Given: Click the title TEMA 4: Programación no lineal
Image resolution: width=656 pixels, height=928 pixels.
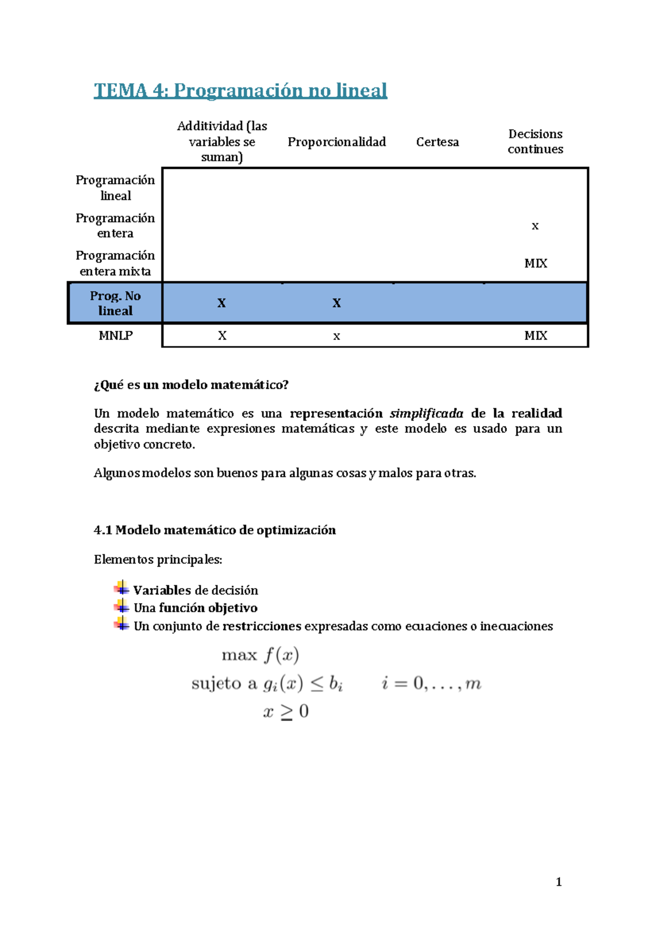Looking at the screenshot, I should [x=241, y=90].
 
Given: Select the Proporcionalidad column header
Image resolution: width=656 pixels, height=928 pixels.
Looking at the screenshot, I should [x=337, y=142].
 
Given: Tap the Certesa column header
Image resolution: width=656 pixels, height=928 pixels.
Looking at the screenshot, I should [x=437, y=142].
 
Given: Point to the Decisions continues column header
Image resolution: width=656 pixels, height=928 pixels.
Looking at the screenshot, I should [x=535, y=142].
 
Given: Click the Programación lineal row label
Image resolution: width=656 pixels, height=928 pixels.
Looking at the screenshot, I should [x=115, y=188].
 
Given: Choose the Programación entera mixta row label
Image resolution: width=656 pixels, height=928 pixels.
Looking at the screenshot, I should [x=115, y=263].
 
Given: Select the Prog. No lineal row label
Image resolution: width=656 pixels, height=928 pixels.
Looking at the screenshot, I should [x=115, y=303].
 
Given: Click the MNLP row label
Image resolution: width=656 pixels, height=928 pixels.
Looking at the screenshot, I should [x=115, y=336].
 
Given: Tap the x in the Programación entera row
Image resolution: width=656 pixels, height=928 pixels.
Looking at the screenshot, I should [x=535, y=226].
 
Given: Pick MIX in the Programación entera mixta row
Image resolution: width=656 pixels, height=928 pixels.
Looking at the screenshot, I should [x=536, y=263].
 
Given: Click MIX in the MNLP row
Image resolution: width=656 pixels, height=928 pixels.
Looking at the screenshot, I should [x=536, y=336].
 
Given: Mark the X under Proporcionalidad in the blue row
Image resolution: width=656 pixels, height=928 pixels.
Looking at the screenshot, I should [x=337, y=303].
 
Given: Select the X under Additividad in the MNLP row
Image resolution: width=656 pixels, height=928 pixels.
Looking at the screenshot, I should [x=222, y=336].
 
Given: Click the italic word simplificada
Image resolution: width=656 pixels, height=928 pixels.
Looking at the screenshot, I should [x=426, y=413].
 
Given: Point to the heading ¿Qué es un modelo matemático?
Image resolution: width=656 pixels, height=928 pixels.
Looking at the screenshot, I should [x=191, y=385].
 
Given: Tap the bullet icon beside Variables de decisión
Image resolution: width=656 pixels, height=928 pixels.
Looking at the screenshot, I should [x=121, y=588].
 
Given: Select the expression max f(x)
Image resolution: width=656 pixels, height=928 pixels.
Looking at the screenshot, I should [x=260, y=655].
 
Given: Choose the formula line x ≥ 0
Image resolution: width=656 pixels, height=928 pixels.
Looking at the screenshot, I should [x=286, y=712].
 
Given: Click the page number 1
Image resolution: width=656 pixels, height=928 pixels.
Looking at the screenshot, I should [x=559, y=882].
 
